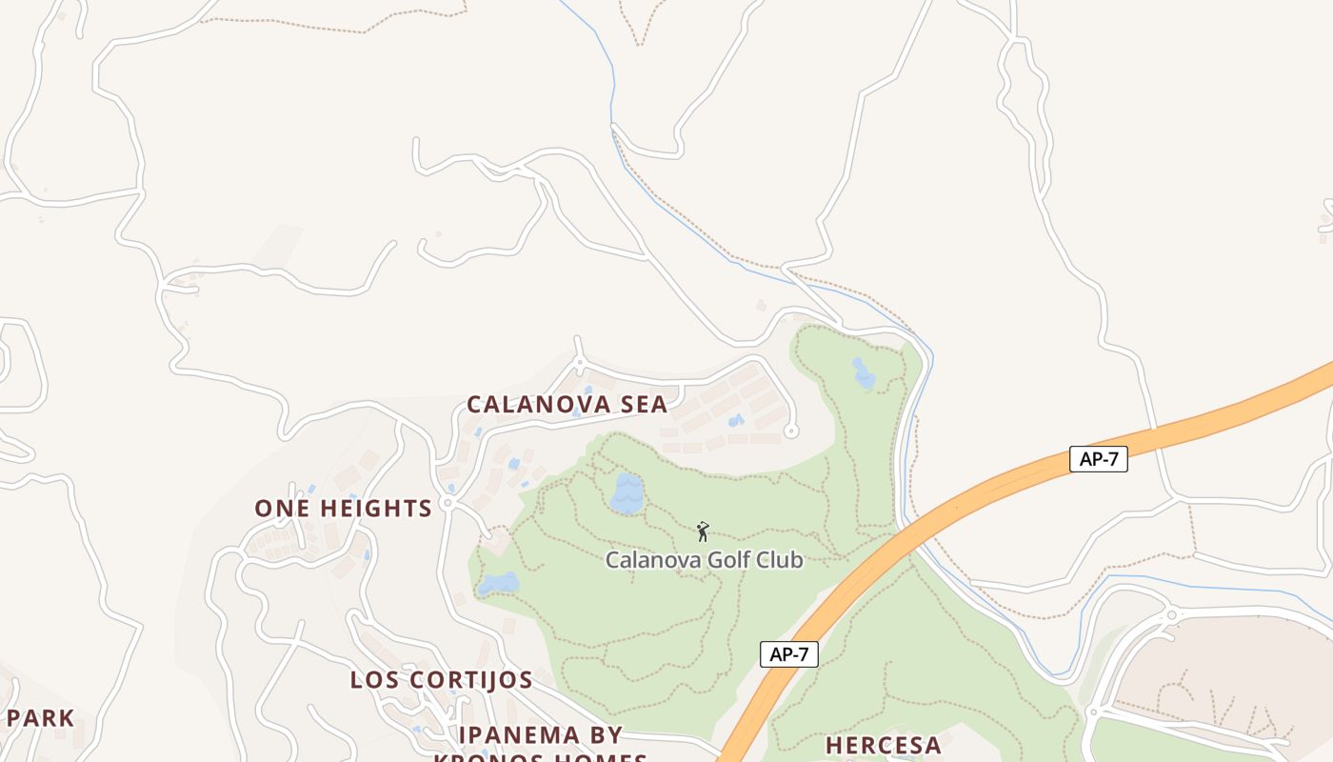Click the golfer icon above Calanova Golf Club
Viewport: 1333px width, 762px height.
pos(703,531)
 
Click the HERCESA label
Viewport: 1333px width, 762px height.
pos(883,746)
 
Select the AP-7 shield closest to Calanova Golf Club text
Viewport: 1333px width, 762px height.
pos(788,654)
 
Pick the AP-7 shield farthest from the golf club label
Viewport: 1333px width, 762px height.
pos(1098,459)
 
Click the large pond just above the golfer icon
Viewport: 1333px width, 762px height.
pos(627,493)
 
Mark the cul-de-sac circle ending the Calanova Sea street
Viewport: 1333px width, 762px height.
pos(790,431)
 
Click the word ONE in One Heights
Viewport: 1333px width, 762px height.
pos(282,509)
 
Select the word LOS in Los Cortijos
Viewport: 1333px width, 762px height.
pos(371,680)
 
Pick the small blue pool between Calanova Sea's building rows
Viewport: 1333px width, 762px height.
pos(735,420)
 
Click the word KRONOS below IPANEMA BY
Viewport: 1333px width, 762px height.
pos(486,758)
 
